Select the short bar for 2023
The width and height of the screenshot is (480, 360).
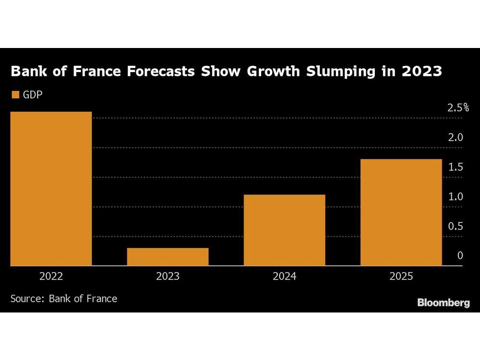coord(168,257)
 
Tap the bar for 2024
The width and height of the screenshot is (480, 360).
coord(284,230)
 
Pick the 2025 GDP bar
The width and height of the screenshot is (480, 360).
coord(401,212)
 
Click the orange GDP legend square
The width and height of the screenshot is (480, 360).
coord(15,95)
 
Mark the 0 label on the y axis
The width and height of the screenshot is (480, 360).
coord(460,256)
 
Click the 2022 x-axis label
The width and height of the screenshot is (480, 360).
coord(51,276)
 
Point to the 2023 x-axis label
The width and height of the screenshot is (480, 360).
coord(168,276)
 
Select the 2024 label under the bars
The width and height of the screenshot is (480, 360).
coord(284,276)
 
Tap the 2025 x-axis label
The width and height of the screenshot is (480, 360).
coord(401,276)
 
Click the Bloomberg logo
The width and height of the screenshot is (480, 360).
coord(443,302)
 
